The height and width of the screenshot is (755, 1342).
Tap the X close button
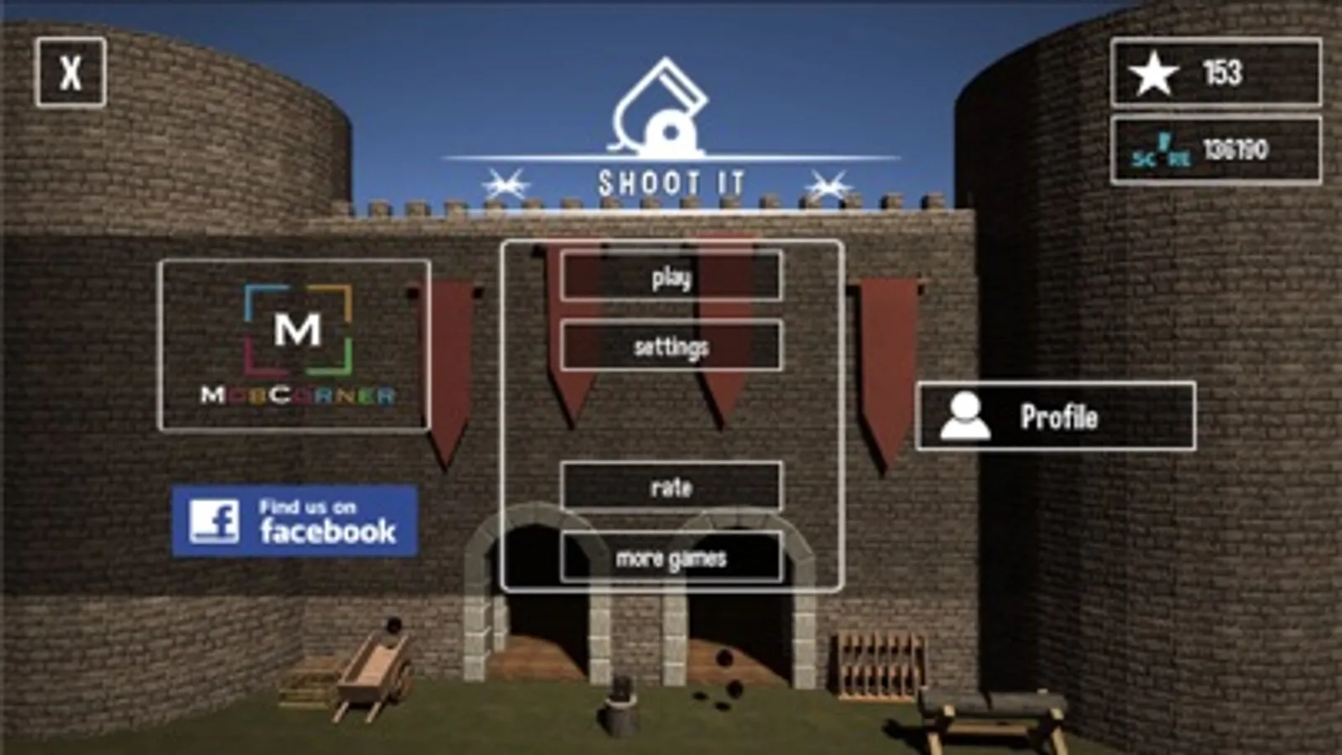pyautogui.click(x=70, y=72)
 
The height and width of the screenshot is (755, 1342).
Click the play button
pyautogui.click(x=671, y=276)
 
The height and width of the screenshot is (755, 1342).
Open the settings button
pyautogui.click(x=671, y=346)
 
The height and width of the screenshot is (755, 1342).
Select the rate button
pyautogui.click(x=671, y=487)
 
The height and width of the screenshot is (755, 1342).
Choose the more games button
pyautogui.click(x=671, y=557)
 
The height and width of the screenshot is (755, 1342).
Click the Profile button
pyautogui.click(x=1056, y=416)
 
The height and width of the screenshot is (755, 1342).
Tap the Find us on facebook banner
pyautogui.click(x=295, y=521)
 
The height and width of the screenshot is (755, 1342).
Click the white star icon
pyautogui.click(x=1154, y=74)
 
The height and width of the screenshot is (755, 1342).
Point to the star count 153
pyautogui.click(x=1223, y=73)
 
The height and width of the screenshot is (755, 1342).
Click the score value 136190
pyautogui.click(x=1236, y=149)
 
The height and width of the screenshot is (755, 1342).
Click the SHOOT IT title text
pyautogui.click(x=671, y=183)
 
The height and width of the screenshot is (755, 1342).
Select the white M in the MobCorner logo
pyautogui.click(x=298, y=330)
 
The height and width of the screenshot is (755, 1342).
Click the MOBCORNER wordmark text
pyautogui.click(x=298, y=395)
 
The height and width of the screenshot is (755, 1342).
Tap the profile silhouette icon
pyautogui.click(x=964, y=417)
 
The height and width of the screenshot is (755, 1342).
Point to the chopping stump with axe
pyautogui.click(x=619, y=706)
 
